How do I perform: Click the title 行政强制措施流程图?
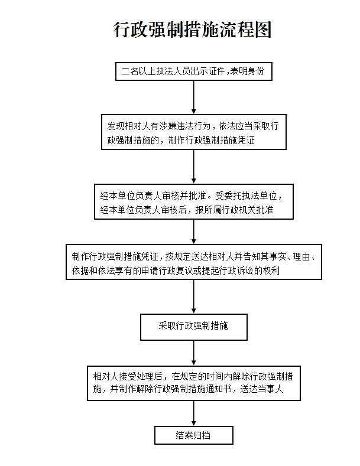pyautogui.click(x=192, y=30)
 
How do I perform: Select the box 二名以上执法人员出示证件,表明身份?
pyautogui.click(x=194, y=71)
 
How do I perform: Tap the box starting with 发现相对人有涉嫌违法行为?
pyautogui.click(x=194, y=132)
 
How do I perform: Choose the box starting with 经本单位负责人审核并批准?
pyautogui.click(x=194, y=201)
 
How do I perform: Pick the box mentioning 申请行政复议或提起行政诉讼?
pyautogui.click(x=194, y=262)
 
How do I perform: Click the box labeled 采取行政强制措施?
pyautogui.click(x=194, y=327)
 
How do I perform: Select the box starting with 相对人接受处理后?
pyautogui.click(x=194, y=383)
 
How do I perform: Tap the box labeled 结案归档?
pyautogui.click(x=194, y=435)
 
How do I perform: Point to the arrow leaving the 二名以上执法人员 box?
pyautogui.click(x=194, y=97)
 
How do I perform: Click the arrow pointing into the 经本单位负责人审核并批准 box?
pyautogui.click(x=194, y=167)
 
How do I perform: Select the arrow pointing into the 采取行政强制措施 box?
pyautogui.click(x=194, y=296)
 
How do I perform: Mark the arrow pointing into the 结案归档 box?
pyautogui.click(x=194, y=413)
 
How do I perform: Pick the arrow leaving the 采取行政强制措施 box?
pyautogui.click(x=194, y=353)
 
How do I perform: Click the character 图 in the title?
pyautogui.click(x=263, y=30)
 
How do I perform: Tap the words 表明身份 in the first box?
pyautogui.click(x=247, y=71)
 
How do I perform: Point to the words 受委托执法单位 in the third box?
pyautogui.click(x=247, y=195)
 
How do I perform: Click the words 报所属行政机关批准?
pyautogui.click(x=234, y=210)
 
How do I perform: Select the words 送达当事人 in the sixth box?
pyautogui.click(x=262, y=389)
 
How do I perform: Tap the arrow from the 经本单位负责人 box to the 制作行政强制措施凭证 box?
pyautogui.click(x=194, y=232)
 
